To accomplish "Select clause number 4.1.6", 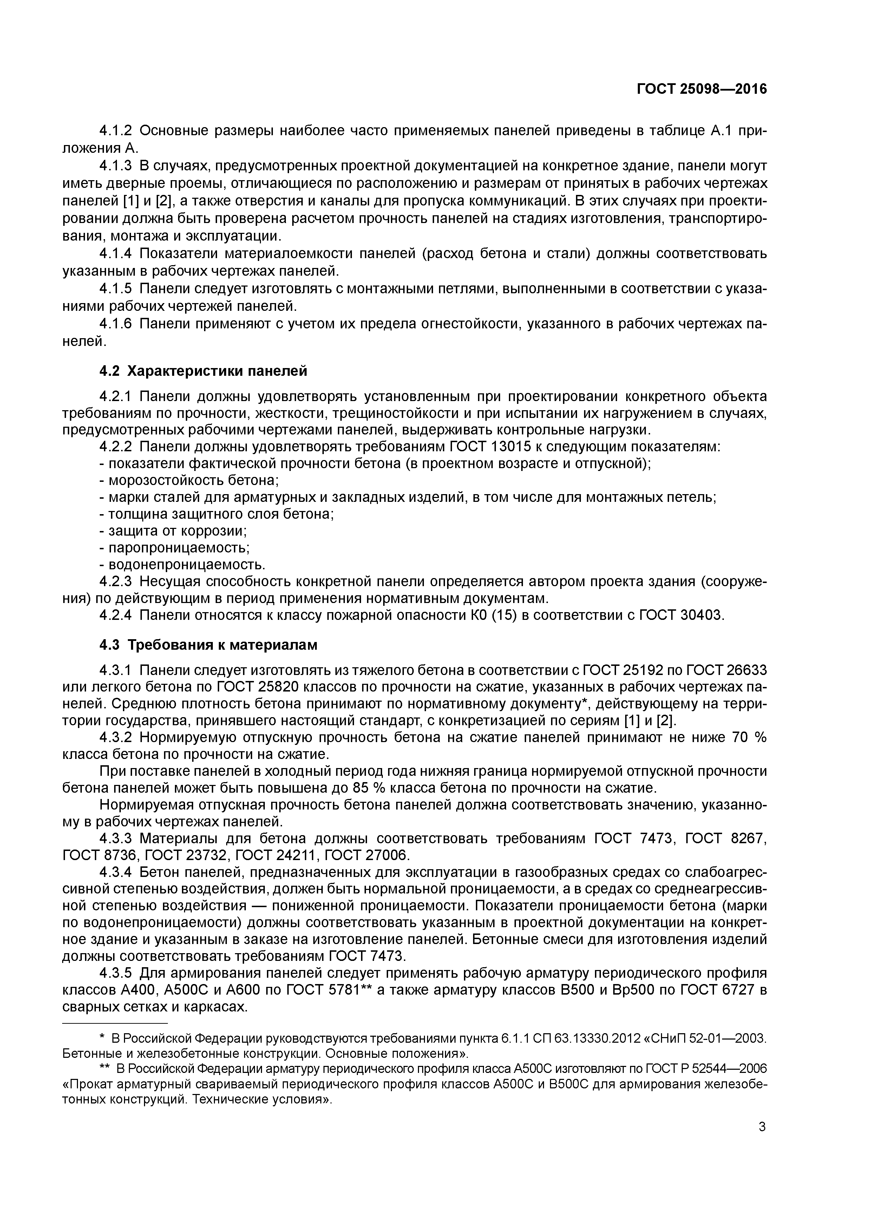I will click(x=116, y=324).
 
